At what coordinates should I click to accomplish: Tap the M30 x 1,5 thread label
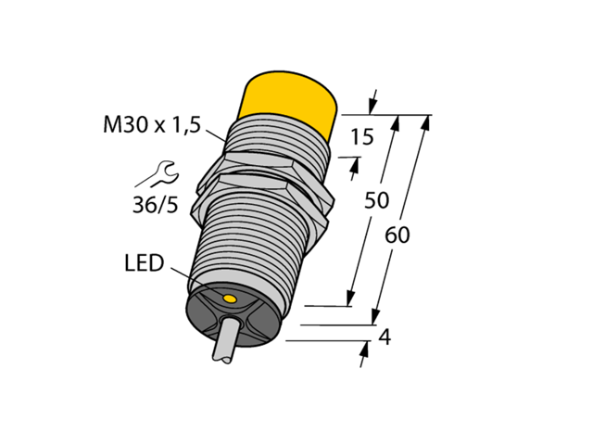pyautogui.click(x=150, y=127)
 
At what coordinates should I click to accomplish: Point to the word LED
pyautogui.click(x=143, y=264)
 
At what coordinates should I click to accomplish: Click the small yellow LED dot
pyautogui.click(x=230, y=297)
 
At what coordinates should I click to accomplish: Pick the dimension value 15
pyautogui.click(x=363, y=138)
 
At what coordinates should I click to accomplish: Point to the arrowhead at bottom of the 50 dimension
pyautogui.click(x=350, y=298)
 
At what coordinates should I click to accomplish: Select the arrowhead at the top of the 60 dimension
pyautogui.click(x=429, y=121)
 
